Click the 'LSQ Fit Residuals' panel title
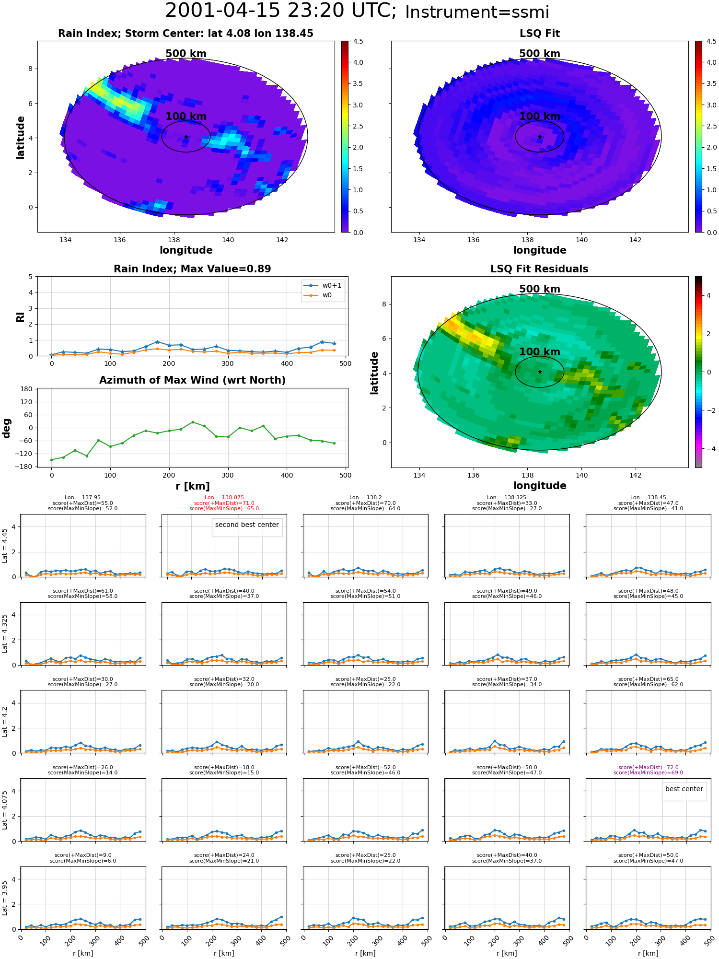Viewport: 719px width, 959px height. coord(539,269)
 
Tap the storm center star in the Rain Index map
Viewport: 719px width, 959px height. coord(186,137)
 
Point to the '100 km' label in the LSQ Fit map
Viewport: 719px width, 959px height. coord(540,117)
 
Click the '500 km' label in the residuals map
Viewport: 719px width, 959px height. coord(540,289)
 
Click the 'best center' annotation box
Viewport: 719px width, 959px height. coord(684,789)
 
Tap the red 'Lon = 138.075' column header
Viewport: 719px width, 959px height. coord(224,498)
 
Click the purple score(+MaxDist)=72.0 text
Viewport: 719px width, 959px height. coord(649,767)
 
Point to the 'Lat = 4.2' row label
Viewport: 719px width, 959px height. coord(5,722)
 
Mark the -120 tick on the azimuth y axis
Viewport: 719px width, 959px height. coord(25,454)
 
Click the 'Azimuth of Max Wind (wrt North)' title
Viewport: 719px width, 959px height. coord(192,380)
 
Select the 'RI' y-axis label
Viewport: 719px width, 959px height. coord(21,316)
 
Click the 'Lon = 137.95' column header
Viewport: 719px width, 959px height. coord(83,498)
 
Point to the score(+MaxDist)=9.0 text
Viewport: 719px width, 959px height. coord(83,855)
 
